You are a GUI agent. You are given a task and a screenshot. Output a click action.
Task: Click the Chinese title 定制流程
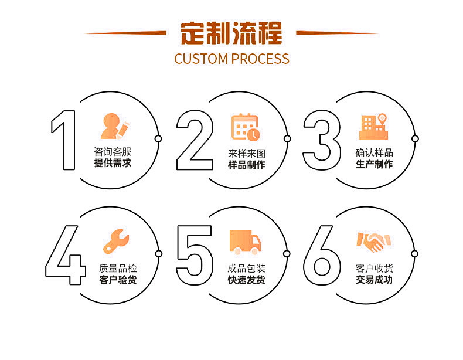click(231, 33)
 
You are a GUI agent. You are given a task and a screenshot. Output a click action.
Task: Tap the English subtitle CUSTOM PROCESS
click(231, 59)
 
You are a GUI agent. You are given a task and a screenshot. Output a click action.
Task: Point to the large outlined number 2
click(195, 140)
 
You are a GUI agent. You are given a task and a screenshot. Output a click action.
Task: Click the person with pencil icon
click(114, 126)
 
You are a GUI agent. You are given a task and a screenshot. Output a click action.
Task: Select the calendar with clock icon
click(245, 127)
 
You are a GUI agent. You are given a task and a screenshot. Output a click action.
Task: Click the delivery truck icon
click(245, 242)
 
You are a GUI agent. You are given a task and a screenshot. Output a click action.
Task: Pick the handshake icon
click(373, 241)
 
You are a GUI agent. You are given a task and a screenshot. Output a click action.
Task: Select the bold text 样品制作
click(246, 165)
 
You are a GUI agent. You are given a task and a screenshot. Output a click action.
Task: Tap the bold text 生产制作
click(374, 164)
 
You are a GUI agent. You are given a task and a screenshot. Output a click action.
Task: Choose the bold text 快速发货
click(246, 280)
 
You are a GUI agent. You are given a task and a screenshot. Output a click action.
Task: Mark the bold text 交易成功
click(374, 280)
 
